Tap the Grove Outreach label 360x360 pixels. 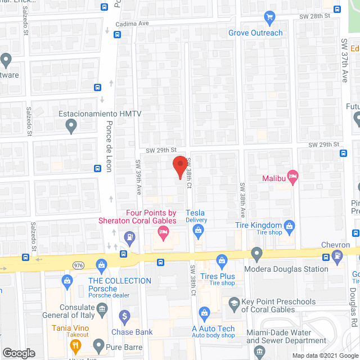pyautogui.click(x=255, y=33)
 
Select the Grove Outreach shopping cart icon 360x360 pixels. pyautogui.click(x=269, y=17)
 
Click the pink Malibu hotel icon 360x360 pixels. pyautogui.click(x=292, y=177)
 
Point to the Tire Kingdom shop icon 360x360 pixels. pyautogui.click(x=290, y=226)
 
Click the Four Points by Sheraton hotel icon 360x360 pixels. pyautogui.click(x=164, y=232)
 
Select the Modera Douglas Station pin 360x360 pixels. pyautogui.click(x=257, y=254)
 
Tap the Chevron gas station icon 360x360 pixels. pyautogui.click(x=337, y=256)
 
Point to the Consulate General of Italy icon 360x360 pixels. pyautogui.click(x=102, y=308)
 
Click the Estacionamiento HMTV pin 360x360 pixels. pyautogui.click(x=71, y=127)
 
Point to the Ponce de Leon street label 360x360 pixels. pyautogui.click(x=110, y=147)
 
